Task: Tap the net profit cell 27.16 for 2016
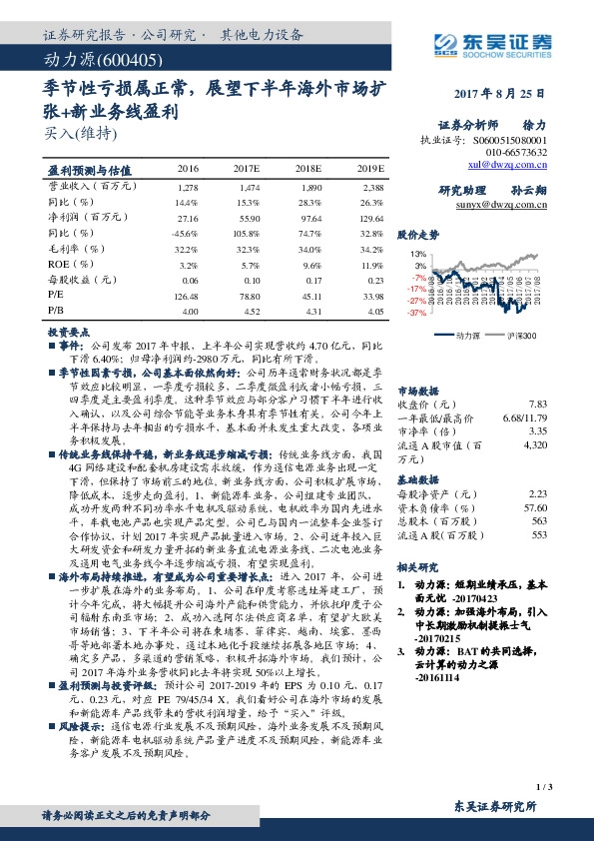coord(187,216)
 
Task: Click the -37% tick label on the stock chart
coord(416,313)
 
